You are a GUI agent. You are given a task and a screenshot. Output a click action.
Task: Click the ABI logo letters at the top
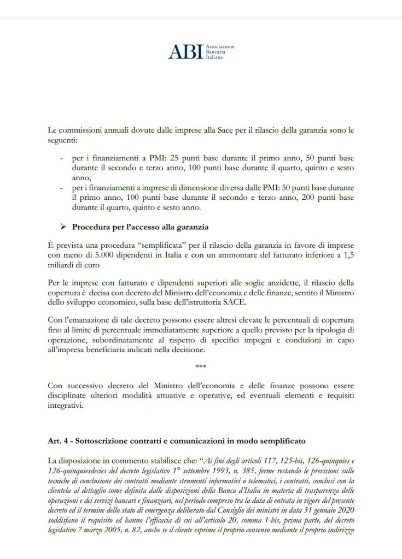pos(186,52)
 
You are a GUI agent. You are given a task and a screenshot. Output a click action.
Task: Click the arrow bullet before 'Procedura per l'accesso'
pos(62,227)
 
